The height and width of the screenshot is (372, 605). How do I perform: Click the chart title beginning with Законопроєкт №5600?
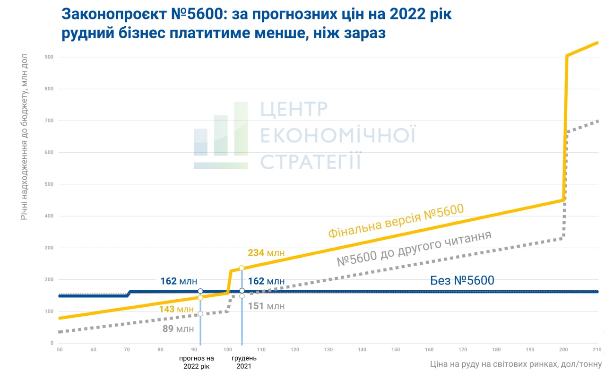pos(257,24)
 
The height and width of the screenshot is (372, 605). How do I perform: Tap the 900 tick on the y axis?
pos(49,57)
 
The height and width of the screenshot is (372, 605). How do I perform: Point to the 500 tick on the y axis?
pos(49,184)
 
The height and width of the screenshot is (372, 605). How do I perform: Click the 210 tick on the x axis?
pos(597,350)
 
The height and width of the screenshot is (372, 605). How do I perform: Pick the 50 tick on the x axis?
pos(60,350)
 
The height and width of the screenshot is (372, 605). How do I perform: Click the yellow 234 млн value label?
pos(266,253)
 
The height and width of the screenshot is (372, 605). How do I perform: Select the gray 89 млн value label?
pos(178,329)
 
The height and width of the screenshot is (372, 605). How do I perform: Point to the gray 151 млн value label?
pos(266,306)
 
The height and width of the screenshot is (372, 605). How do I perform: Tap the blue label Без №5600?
pos(462,281)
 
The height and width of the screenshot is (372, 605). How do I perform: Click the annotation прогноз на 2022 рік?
pos(196,362)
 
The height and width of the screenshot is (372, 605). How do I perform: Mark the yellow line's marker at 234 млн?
pos(242,268)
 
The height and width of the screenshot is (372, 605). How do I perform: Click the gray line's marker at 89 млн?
pos(200,314)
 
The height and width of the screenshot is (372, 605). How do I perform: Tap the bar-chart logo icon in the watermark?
pos(221,136)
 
